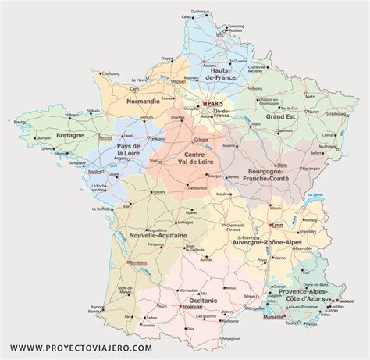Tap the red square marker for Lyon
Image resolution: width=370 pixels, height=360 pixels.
[x=269, y=226]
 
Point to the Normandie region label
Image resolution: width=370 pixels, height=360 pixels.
[x=144, y=101]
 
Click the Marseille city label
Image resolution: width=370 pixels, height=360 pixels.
[x=274, y=317]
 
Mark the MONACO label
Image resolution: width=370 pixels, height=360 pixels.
[x=346, y=301]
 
